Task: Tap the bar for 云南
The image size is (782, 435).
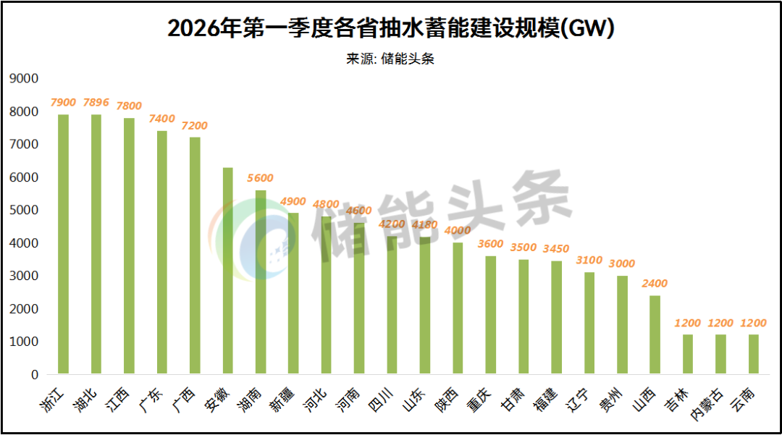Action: coord(754,355)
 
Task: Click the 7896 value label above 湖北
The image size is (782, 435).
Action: coord(96,102)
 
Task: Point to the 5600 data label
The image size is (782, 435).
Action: coord(261,178)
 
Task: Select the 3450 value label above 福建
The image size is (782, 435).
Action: coord(556,248)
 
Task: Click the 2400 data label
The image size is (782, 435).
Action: coord(655,283)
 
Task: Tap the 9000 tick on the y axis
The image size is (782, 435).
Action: coord(24,78)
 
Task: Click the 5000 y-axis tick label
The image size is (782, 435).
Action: coord(24,210)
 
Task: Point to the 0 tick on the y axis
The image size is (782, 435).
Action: coord(34,375)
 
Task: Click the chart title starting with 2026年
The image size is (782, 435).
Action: coord(391,28)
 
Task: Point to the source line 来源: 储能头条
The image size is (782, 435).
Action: coord(391,59)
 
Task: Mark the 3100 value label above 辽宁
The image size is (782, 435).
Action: coord(589,260)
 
